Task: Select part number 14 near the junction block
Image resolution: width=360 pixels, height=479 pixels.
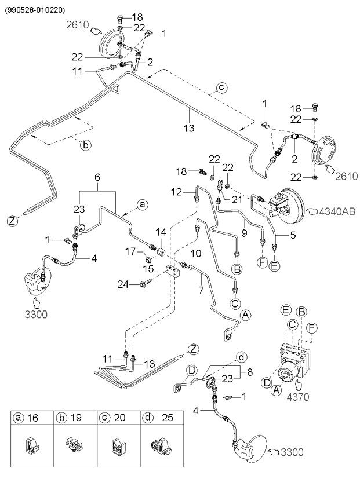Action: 161,232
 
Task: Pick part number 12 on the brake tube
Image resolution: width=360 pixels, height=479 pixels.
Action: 177,191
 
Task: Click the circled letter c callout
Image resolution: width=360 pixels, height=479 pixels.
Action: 221,88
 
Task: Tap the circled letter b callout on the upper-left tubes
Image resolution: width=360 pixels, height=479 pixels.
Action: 85,145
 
